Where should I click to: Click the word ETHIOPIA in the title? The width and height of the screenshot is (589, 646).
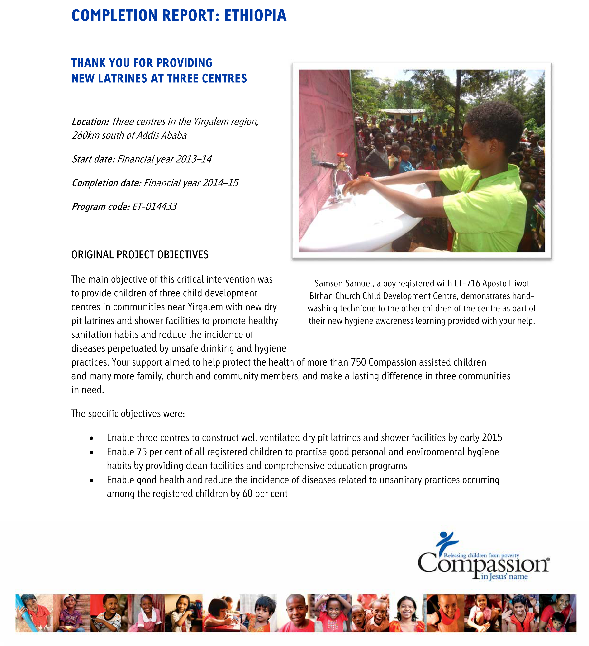(x=255, y=15)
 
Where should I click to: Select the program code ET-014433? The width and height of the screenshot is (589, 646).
(x=154, y=207)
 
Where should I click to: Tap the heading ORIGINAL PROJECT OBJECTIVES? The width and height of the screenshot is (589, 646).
(x=140, y=255)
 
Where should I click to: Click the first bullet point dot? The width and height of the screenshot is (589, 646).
(x=92, y=438)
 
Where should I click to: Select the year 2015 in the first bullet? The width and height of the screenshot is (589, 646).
(x=492, y=438)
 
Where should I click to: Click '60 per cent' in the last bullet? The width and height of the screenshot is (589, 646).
(x=265, y=494)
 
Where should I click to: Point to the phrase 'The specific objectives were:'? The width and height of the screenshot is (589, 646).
(x=128, y=414)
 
